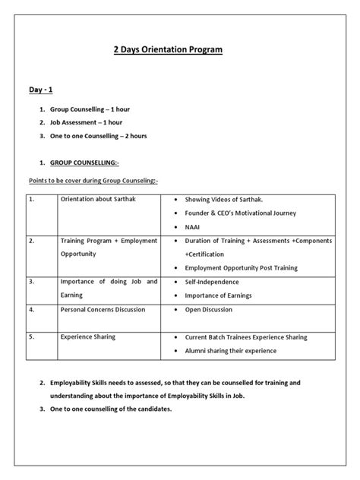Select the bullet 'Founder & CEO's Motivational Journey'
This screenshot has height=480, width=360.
[241, 213]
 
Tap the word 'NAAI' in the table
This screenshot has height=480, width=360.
[194, 226]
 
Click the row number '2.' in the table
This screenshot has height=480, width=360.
[32, 241]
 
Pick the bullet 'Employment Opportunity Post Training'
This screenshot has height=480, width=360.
[242, 268]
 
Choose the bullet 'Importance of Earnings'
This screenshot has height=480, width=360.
[218, 295]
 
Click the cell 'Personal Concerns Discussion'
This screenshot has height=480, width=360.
[104, 310]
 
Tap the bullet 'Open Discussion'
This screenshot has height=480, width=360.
[208, 310]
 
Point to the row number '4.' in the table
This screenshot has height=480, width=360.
[32, 310]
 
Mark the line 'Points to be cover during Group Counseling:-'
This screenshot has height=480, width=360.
[92, 181]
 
